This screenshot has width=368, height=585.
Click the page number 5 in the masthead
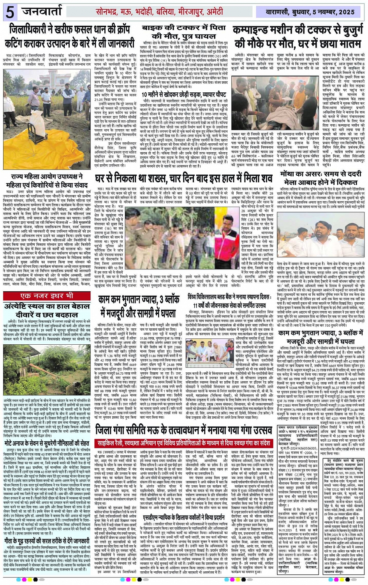[x=10, y=12]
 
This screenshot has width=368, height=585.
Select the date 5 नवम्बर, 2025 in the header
[x=330, y=12]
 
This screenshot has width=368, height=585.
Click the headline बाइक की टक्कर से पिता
[x=184, y=28]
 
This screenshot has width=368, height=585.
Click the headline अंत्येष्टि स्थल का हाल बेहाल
[x=47, y=306]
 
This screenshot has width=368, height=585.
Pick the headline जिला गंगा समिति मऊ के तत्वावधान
[x=183, y=430]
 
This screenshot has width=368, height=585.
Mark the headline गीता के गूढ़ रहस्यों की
[x=47, y=541]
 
